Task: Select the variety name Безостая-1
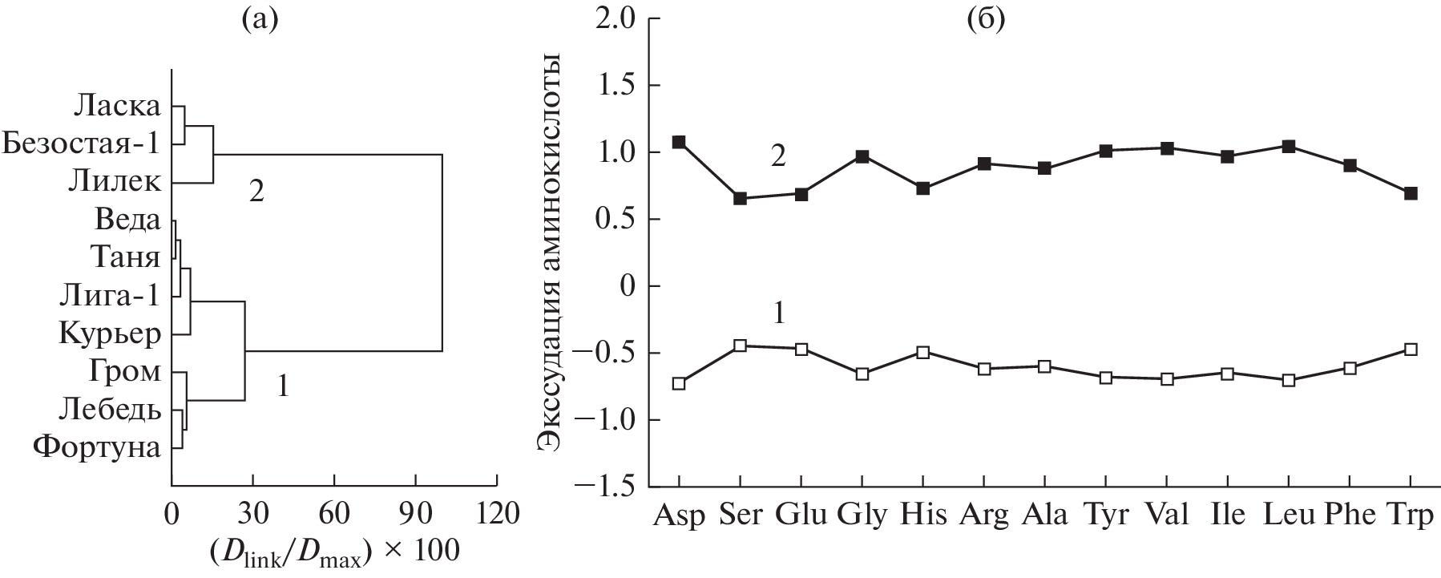point(80,144)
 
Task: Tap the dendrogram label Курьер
point(110,334)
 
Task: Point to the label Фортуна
point(97,447)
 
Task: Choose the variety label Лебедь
point(109,410)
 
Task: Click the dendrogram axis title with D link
point(334,551)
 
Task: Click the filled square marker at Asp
point(679,142)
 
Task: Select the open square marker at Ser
point(740,346)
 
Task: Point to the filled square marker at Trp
point(1411,193)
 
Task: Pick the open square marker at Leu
point(1289,380)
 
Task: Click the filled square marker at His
point(922,188)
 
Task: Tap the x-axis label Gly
point(862,515)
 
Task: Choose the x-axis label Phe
point(1350,514)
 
